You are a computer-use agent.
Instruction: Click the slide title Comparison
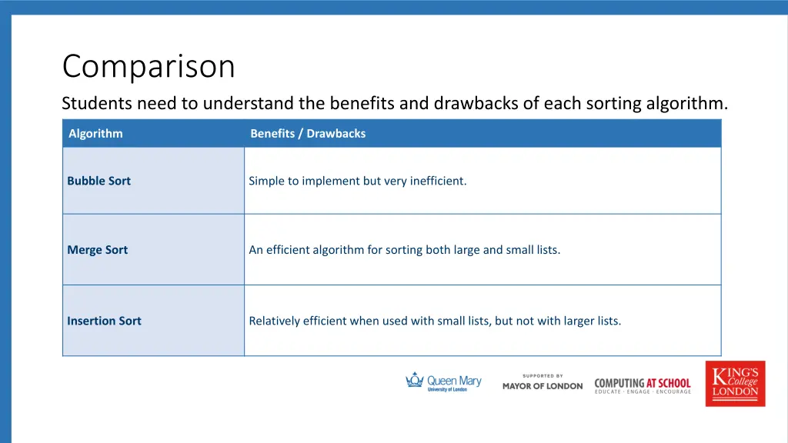pyautogui.click(x=148, y=66)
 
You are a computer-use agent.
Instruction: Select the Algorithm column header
pyautogui.click(x=95, y=134)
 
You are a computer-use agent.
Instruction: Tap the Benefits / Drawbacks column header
pyautogui.click(x=308, y=134)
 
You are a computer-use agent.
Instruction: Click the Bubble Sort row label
pyautogui.click(x=98, y=182)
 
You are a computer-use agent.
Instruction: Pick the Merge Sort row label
pyautogui.click(x=97, y=250)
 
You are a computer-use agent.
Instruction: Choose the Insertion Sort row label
pyautogui.click(x=104, y=321)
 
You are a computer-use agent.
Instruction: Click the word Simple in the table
pyautogui.click(x=266, y=182)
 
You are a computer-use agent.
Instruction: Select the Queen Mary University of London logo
pyautogui.click(x=443, y=383)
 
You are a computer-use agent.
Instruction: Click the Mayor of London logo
pyautogui.click(x=543, y=385)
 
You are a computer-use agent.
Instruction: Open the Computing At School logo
pyautogui.click(x=643, y=385)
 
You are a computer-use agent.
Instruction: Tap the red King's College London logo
pyautogui.click(x=735, y=383)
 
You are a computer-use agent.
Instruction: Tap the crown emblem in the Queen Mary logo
pyautogui.click(x=416, y=380)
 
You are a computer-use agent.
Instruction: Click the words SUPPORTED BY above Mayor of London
pyautogui.click(x=543, y=376)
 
